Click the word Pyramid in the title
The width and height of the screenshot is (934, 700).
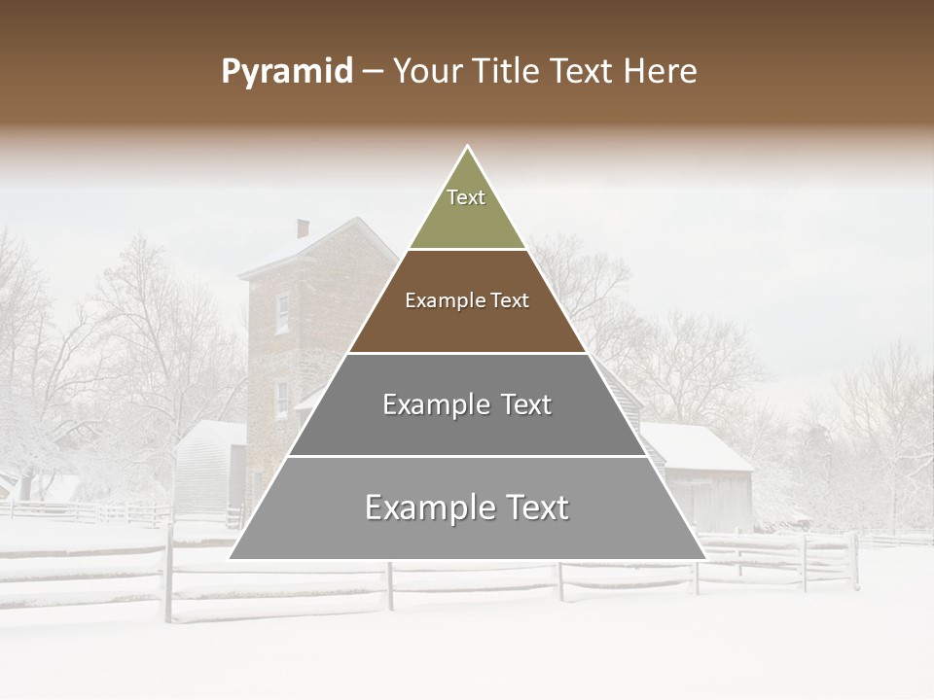(x=287, y=72)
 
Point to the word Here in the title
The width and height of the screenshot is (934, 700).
(x=661, y=72)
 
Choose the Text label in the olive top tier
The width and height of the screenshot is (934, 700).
(x=466, y=197)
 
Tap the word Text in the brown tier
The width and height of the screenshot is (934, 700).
(x=510, y=301)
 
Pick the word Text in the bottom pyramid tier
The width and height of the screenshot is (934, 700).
(x=534, y=507)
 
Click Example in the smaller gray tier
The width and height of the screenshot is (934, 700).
(x=431, y=404)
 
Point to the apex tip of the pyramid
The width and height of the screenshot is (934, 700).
(x=468, y=147)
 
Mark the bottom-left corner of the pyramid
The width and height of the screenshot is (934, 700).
(x=231, y=558)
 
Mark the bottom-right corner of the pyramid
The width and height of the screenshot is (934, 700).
(x=704, y=558)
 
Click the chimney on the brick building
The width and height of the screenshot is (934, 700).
(x=303, y=228)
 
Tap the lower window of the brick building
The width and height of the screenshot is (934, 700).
(x=281, y=400)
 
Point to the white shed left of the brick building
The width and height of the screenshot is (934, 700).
(x=209, y=467)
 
